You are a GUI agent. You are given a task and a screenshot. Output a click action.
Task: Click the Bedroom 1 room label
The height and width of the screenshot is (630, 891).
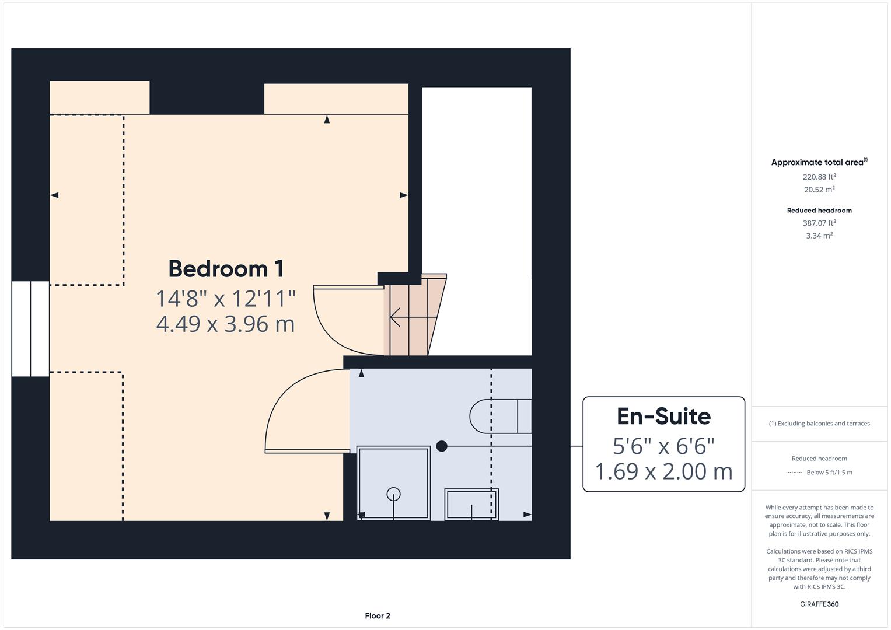pos(226,269)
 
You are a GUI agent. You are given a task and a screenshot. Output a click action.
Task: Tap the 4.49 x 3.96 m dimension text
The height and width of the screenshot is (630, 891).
pos(225,324)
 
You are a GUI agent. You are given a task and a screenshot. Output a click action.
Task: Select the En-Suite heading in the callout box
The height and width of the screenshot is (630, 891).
pos(663,416)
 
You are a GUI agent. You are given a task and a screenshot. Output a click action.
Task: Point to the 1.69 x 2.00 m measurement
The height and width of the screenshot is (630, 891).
pos(663,471)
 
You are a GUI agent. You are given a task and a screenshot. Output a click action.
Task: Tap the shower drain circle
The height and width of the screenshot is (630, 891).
pos(393,494)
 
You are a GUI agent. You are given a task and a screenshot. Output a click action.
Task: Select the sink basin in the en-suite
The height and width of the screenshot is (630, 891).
pos(471,504)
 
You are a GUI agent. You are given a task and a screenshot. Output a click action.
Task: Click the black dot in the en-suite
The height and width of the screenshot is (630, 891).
pos(442,446)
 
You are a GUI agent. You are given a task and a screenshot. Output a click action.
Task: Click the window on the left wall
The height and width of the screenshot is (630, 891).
pos(30,328)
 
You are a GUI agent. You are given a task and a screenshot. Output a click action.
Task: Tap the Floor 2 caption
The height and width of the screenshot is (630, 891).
pos(378,615)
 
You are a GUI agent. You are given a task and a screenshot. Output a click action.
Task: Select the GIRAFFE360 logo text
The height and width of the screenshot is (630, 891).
pos(819,604)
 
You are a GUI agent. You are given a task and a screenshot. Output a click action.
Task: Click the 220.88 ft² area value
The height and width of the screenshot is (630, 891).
pos(819,177)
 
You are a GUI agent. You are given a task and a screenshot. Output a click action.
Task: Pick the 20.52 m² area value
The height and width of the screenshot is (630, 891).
pos(819,190)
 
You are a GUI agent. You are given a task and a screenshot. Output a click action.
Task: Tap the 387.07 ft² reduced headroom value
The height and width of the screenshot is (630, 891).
pos(819,223)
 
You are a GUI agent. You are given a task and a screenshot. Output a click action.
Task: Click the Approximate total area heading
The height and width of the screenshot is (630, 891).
pos(819,163)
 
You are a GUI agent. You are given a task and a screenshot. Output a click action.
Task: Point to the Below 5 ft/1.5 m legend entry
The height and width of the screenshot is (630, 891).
pos(829,473)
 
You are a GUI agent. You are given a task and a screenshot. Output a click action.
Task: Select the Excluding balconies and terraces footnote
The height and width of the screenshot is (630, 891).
pos(819,423)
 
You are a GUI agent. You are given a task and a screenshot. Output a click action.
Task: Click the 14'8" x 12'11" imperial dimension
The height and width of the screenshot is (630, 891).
pos(225,299)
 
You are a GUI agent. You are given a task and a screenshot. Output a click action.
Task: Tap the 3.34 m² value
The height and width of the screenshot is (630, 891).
pos(819,236)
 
